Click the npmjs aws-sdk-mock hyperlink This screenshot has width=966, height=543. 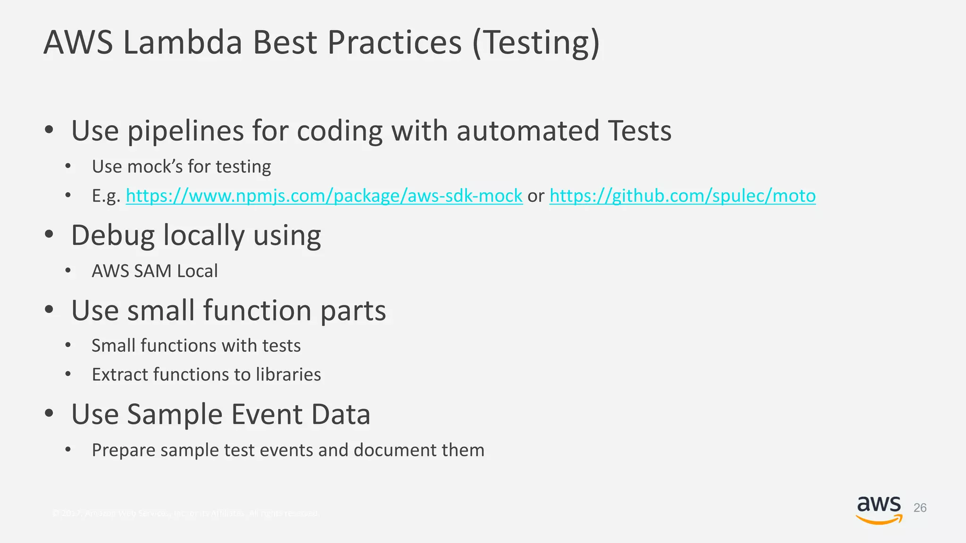[x=324, y=196]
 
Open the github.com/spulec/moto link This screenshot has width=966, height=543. [x=682, y=196]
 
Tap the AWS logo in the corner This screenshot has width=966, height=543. [x=879, y=509]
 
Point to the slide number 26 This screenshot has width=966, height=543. [x=920, y=508]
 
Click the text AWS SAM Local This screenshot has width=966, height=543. [x=155, y=271]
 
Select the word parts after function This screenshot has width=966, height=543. [x=353, y=311]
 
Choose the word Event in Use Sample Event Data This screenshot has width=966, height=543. [x=266, y=414]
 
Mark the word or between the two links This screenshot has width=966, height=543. [x=536, y=196]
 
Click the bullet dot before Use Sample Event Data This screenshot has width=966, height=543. [x=49, y=413]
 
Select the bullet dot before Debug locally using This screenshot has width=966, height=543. [x=49, y=234]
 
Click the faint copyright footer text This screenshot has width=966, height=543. [x=185, y=513]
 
